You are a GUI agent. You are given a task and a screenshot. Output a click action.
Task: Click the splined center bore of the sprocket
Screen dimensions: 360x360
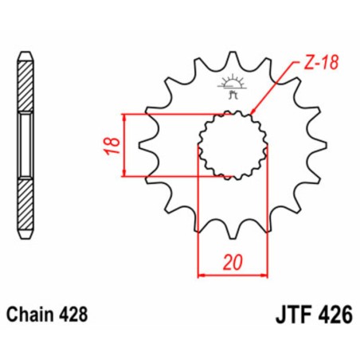point(232,146)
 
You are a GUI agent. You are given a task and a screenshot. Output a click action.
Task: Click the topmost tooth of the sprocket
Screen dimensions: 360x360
point(232,58)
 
